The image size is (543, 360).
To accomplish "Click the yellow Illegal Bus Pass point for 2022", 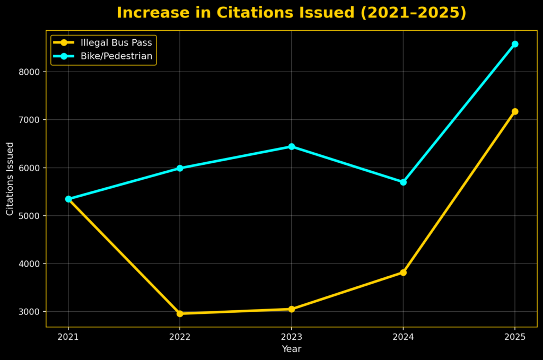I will coord(180,313).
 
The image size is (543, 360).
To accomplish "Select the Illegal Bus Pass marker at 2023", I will coord(292,309).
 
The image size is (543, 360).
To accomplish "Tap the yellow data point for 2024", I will coord(403,273).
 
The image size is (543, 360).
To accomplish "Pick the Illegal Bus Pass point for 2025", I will coord(515,111).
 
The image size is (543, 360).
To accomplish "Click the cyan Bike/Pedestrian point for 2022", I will coord(180,168).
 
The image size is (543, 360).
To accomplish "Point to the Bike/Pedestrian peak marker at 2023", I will coord(292,146).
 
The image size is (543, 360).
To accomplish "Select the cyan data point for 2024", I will coord(403,182).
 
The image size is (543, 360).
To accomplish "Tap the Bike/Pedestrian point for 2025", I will coord(515,44).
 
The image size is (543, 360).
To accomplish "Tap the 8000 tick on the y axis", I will coord(31,72).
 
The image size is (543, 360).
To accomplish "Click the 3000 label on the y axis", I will coord(31,312).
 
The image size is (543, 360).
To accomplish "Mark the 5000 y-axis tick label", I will coord(31,216).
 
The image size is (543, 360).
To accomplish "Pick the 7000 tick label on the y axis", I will coord(31,120).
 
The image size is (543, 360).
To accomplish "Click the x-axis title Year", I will coord(292,349).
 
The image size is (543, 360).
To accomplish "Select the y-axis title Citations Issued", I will coord(10,179).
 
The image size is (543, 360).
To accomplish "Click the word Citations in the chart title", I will coord(233,13).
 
